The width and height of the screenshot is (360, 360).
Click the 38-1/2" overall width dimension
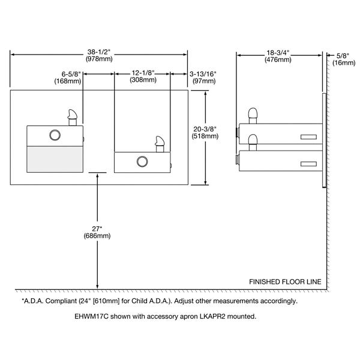click(99, 56)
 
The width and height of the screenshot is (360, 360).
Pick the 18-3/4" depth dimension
click(278, 56)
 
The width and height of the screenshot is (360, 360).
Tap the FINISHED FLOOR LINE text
click(285, 282)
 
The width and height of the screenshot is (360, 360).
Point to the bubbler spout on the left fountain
click(73, 118)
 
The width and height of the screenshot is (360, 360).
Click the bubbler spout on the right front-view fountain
click(160, 144)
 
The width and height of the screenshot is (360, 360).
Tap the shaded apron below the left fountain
click(55, 159)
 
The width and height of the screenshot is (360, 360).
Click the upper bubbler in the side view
click(253, 116)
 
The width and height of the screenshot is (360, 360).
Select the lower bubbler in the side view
click(253, 142)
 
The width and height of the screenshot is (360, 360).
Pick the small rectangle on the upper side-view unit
click(308, 137)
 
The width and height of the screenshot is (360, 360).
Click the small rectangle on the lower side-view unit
click(308, 164)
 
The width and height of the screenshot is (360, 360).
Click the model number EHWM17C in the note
click(92, 316)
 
